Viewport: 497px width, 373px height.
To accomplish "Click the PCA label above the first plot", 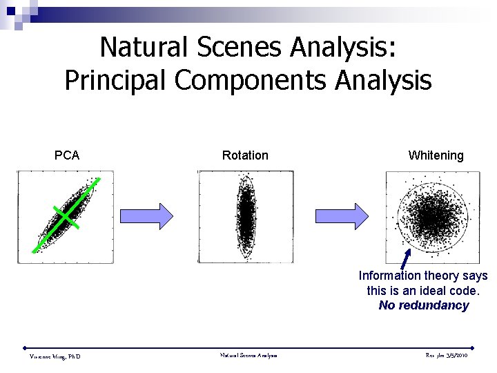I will [x=67, y=155].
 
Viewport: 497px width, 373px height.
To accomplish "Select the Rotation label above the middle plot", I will [x=245, y=155].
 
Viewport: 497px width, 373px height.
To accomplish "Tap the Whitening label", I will [x=436, y=155].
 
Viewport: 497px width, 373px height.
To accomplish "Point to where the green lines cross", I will [x=66, y=216].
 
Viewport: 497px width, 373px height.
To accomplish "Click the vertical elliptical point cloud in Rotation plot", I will [x=246, y=216].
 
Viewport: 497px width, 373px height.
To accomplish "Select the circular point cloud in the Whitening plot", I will [x=429, y=217].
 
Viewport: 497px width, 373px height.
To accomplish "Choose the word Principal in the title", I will [x=116, y=80].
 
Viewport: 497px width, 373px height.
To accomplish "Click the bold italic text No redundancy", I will [x=423, y=305].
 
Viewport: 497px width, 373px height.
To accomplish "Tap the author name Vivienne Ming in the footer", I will [x=55, y=356].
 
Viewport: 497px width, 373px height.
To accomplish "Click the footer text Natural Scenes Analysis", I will [x=248, y=356].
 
